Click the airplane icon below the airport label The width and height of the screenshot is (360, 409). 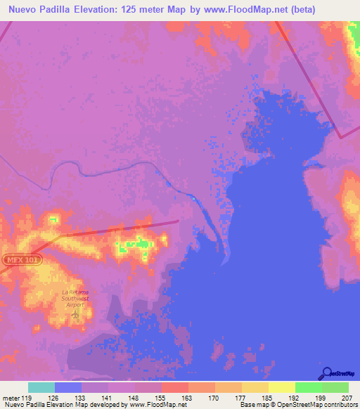tap(75, 314)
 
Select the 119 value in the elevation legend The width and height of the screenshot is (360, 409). tap(27, 397)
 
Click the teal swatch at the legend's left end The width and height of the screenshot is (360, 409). tap(41, 387)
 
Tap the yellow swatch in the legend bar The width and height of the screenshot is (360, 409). tap(282, 387)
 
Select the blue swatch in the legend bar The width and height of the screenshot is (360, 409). tap(68, 387)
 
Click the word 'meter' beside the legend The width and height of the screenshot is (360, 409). tap(11, 397)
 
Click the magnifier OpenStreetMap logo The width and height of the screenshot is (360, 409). tap(326, 372)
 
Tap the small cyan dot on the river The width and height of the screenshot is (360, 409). tap(194, 198)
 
